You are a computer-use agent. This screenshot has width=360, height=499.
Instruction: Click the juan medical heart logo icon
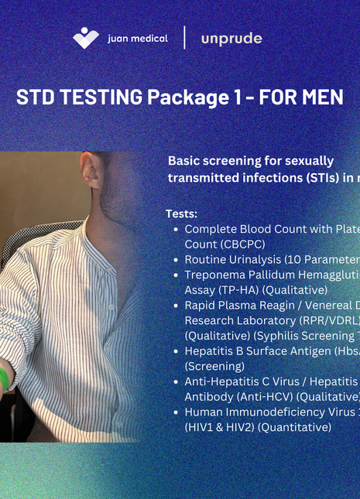coord(86,37)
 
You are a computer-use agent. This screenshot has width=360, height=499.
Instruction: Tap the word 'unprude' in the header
coord(231,38)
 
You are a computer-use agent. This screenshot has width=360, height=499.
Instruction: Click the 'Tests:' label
coord(181,214)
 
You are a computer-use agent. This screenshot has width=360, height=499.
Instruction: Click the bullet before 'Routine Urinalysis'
coord(177,259)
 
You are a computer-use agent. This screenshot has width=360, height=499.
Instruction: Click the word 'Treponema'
coord(214,275)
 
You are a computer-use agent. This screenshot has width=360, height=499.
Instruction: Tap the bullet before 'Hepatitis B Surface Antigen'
coord(177,350)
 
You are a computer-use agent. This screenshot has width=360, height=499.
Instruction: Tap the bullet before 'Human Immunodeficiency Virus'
coord(177,412)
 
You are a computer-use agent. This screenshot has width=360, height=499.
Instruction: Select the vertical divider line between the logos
coord(184,37)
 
